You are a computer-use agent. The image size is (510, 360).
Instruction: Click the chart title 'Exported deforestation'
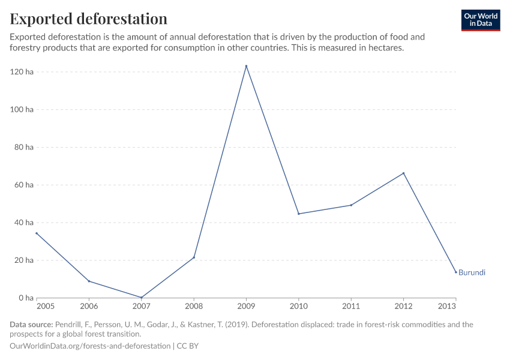pos(89,19)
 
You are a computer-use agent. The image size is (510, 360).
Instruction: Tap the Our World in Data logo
pos(480,20)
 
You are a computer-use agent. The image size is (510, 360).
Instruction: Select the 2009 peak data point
pos(246,66)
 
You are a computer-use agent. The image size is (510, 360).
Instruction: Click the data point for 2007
pos(141,298)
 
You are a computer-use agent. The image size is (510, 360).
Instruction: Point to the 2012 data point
pos(403,173)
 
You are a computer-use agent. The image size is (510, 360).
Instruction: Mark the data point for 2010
pos(298,214)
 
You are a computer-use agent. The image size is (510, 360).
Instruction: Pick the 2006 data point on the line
pos(89,281)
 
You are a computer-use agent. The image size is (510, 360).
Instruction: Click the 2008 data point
pos(194,257)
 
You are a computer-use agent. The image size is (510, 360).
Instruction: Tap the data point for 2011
pos(351,205)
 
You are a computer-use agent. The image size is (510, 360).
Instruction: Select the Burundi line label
pos(472,272)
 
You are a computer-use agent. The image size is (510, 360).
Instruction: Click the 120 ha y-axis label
pos(22,72)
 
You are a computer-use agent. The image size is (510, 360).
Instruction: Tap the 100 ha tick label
pos(22,110)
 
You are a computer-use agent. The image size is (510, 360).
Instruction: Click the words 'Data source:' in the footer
pos(31,325)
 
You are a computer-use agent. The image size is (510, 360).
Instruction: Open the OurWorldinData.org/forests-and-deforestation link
pos(90,346)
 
